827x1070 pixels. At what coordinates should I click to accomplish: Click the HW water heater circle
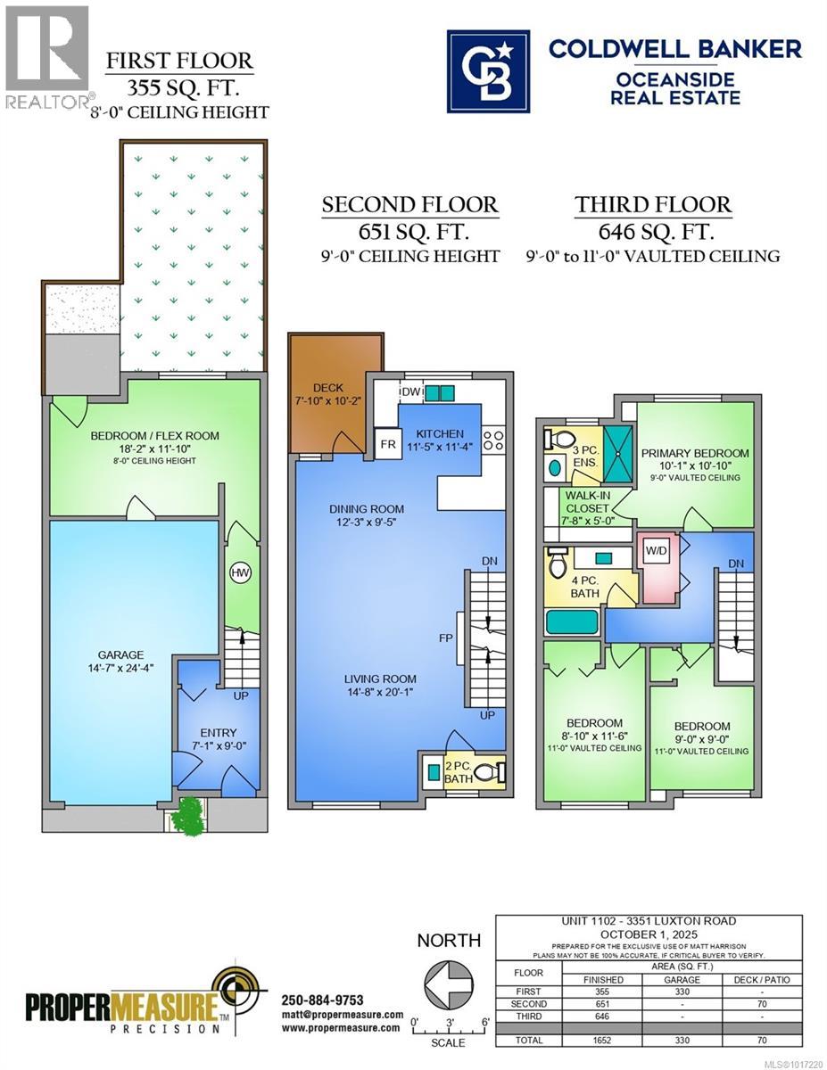point(239,572)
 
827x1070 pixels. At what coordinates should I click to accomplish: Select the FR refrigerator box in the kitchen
point(387,443)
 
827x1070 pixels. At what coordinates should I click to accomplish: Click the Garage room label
point(121,654)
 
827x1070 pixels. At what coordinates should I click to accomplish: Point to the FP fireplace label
point(444,638)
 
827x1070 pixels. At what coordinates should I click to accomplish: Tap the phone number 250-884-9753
point(321,1000)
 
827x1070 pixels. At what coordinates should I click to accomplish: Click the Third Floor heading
point(653,205)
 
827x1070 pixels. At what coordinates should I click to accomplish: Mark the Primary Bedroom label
point(694,453)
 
